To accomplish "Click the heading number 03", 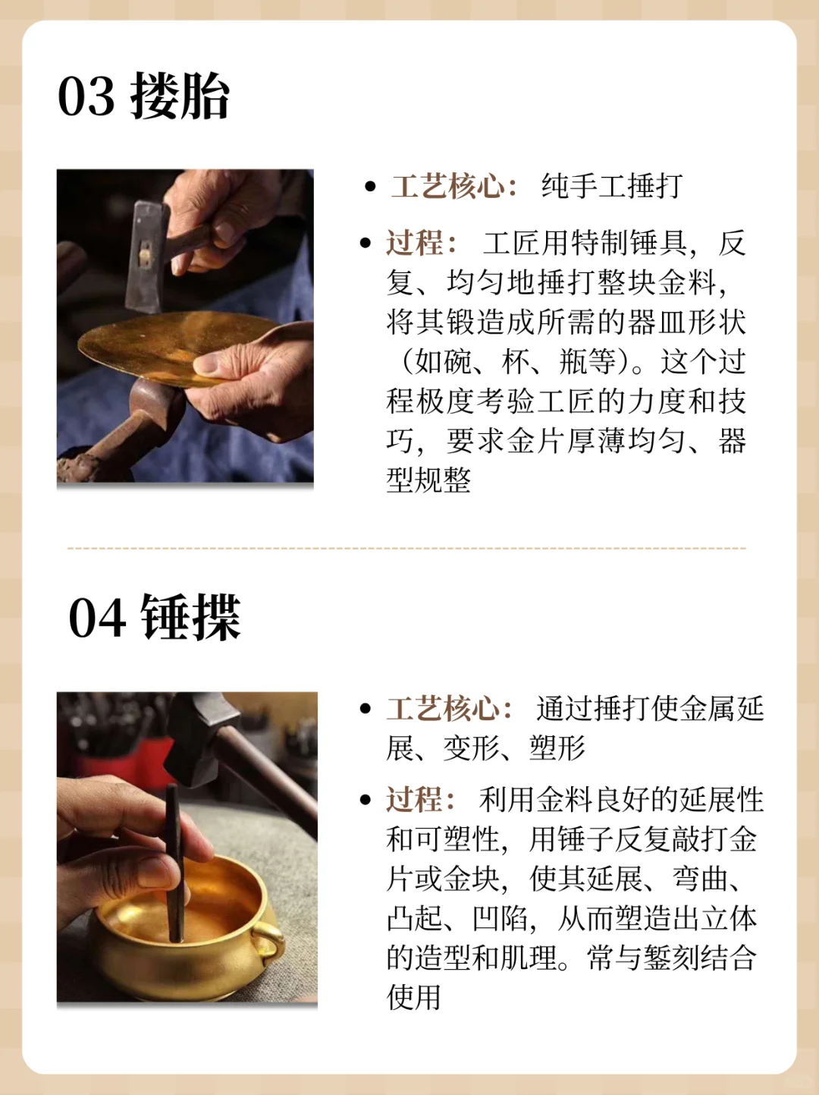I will (86, 97).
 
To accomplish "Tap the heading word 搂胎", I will (180, 97).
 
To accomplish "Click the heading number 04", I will (97, 618).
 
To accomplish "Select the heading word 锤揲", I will (191, 618).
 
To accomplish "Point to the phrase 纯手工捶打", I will (612, 187).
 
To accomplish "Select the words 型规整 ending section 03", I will (428, 480).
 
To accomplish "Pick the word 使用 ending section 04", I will (414, 997).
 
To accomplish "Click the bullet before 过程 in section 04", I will (366, 800).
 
